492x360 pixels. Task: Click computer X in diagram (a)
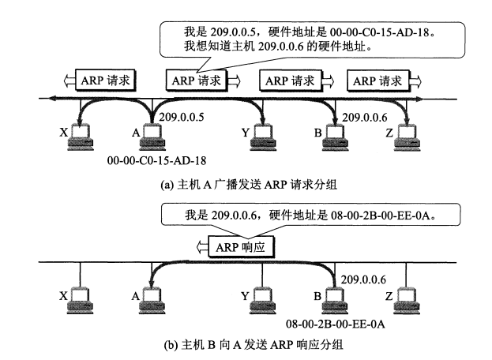[x=81, y=137]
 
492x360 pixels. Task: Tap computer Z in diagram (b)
[x=407, y=300]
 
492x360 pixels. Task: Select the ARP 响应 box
[x=242, y=247]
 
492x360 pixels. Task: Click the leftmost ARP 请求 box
[x=106, y=81]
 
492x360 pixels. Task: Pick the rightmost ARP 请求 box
[x=378, y=81]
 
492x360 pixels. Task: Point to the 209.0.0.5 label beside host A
[x=182, y=117]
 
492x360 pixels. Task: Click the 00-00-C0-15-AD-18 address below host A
[x=156, y=160]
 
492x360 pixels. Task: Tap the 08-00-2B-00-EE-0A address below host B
[x=335, y=324]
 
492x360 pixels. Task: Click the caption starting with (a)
[x=249, y=184]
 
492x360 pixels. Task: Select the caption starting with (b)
[x=254, y=345]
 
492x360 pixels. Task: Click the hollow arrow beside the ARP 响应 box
[x=202, y=247]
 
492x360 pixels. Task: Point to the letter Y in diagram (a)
[x=246, y=133]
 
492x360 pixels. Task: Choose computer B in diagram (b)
[x=335, y=300]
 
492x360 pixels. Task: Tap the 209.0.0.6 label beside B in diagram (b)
[x=363, y=279]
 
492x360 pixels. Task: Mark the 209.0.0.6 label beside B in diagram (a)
[x=365, y=118]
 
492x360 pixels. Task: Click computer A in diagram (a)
[x=152, y=137]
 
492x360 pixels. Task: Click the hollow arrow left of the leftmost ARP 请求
[x=69, y=81]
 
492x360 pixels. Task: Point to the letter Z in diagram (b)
[x=389, y=296]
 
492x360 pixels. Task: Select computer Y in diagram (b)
[x=263, y=300]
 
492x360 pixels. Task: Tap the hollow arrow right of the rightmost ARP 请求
[x=415, y=81]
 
